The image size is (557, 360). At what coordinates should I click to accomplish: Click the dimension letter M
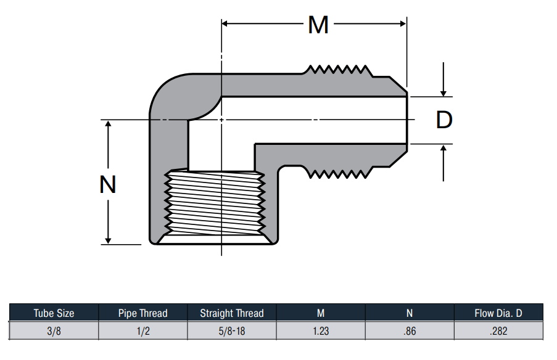(x=318, y=25)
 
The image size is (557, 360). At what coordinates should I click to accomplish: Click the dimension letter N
(x=109, y=184)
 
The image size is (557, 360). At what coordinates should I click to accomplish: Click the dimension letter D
(x=444, y=120)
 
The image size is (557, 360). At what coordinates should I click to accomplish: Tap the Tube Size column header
(x=54, y=313)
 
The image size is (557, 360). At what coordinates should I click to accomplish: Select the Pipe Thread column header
(x=142, y=313)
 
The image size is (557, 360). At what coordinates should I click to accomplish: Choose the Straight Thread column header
(x=231, y=313)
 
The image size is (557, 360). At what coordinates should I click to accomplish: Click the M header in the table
(x=320, y=313)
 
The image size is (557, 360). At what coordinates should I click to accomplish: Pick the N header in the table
(x=409, y=313)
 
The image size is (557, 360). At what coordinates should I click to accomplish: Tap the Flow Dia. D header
(x=498, y=313)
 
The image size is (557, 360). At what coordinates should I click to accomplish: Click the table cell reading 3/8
(x=54, y=331)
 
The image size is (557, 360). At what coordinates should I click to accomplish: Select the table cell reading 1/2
(x=142, y=331)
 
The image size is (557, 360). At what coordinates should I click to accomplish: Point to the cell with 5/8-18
(x=231, y=331)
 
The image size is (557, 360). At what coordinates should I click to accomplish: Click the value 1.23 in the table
(x=320, y=331)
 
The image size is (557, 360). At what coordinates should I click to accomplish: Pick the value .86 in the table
(x=409, y=331)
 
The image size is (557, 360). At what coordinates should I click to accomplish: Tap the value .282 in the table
(x=498, y=331)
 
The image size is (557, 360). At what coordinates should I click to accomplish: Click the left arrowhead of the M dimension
(x=225, y=24)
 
